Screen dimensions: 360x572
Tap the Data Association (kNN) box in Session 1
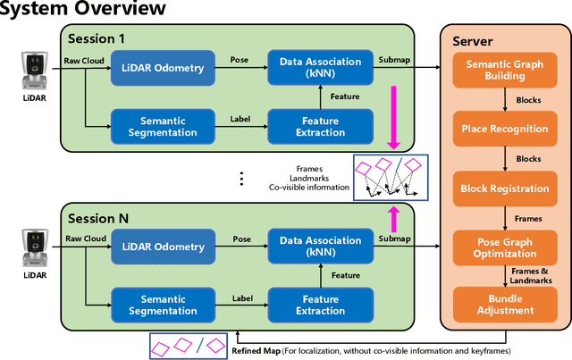point(320,69)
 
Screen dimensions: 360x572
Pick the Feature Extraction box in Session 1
point(320,126)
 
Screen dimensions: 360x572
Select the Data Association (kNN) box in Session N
point(320,247)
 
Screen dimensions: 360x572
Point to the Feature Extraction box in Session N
point(320,304)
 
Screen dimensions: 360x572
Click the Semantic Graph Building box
point(505,70)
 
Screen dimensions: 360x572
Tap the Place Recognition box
point(505,129)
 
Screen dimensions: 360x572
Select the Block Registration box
point(505,188)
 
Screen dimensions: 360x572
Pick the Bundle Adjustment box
point(505,304)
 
